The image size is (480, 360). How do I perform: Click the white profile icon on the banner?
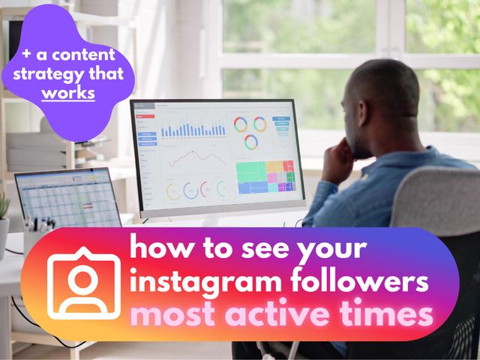point(84,283)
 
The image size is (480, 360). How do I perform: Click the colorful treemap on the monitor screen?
point(265,175)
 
